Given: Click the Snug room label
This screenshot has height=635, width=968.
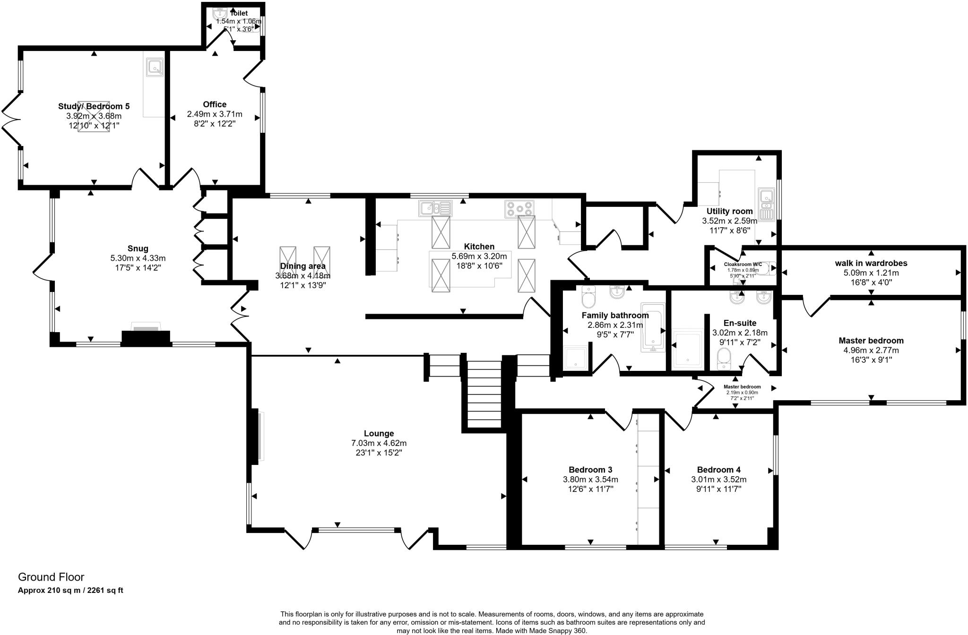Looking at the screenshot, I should click(138, 249).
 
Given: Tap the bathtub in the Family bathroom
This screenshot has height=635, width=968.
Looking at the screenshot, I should click(653, 327).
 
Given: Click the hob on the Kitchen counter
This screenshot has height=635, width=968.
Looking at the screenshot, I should click(519, 208).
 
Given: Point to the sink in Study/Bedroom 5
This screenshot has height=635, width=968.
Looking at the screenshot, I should click(154, 67).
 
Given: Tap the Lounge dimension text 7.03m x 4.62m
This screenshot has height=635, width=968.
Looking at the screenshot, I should click(379, 443).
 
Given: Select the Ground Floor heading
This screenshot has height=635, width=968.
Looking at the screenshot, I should click(51, 577).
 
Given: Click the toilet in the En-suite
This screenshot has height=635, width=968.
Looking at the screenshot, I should click(724, 358).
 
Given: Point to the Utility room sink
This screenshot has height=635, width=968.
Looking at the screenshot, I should click(766, 203).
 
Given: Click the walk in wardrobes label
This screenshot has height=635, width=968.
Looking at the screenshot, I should click(871, 263).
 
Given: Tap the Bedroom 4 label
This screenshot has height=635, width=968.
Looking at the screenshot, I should click(718, 470).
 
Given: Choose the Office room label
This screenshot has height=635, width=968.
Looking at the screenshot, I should click(215, 104).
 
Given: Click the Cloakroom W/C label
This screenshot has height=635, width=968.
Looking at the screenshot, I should click(743, 265).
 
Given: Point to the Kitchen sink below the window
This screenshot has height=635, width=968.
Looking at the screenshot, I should click(434, 208).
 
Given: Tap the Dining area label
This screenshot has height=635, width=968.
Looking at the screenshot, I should click(302, 266).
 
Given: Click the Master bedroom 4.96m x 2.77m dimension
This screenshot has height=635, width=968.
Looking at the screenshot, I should click(871, 351).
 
